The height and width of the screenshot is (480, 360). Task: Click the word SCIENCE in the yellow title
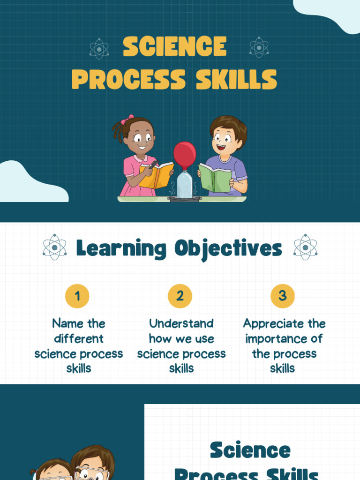pyautogui.click(x=174, y=47)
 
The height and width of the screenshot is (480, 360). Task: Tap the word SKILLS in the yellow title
pyautogui.click(x=236, y=79)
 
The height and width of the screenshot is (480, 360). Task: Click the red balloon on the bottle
pyautogui.click(x=185, y=154)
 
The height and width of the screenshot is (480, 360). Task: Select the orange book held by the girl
pyautogui.click(x=157, y=175)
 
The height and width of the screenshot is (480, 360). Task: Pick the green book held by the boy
pyautogui.click(x=215, y=178)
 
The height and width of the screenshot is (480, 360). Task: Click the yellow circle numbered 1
pyautogui.click(x=77, y=296)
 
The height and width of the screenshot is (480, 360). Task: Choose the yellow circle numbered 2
pyautogui.click(x=180, y=296)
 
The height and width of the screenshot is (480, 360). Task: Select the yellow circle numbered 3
pyautogui.click(x=282, y=296)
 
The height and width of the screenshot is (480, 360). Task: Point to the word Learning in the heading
pyautogui.click(x=121, y=248)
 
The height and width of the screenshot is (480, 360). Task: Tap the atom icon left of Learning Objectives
pyautogui.click(x=54, y=247)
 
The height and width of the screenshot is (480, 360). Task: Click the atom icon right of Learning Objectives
pyautogui.click(x=305, y=247)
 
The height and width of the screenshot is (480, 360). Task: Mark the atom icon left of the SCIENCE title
pyautogui.click(x=99, y=48)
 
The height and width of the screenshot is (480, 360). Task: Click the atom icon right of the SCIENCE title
pyautogui.click(x=259, y=47)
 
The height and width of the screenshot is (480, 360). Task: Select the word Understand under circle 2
pyautogui.click(x=181, y=323)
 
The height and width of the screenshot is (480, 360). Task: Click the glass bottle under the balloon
pyautogui.click(x=185, y=185)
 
